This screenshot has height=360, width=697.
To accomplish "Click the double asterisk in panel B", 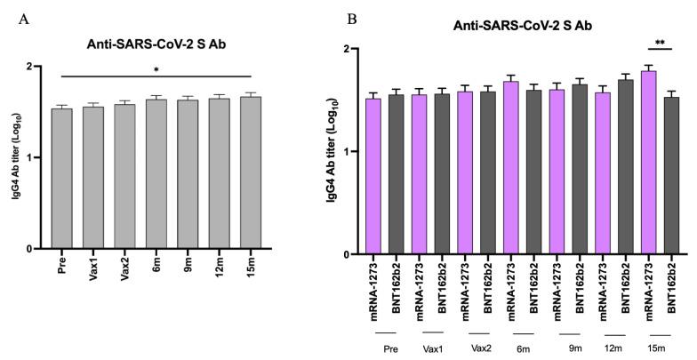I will point(661,43).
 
